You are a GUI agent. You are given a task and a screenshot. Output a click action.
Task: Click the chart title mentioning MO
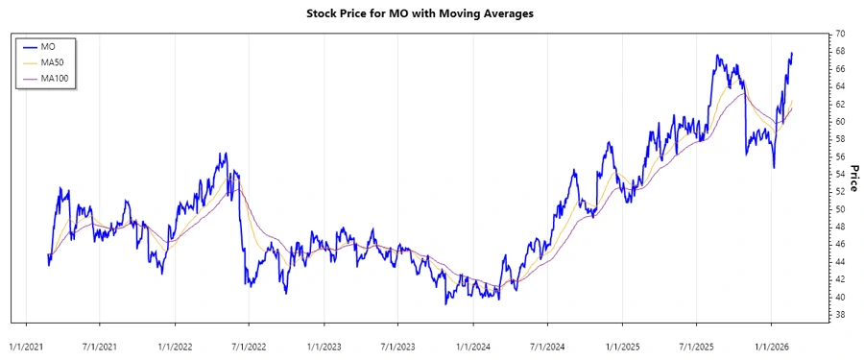432,14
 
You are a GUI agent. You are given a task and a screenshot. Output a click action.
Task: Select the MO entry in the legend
49,46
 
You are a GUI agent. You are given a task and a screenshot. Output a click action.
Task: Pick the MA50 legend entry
52,61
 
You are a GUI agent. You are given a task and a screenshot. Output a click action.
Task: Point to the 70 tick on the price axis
838,35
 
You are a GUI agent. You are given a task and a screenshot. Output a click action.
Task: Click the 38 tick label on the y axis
838,314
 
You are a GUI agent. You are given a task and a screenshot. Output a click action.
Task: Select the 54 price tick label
838,174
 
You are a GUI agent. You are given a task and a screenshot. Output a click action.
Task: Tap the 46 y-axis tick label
838,244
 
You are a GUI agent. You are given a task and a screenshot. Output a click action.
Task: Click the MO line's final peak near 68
792,53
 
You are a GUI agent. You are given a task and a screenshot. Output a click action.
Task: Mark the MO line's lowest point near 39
445,303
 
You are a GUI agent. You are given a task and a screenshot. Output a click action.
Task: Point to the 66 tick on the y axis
838,69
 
